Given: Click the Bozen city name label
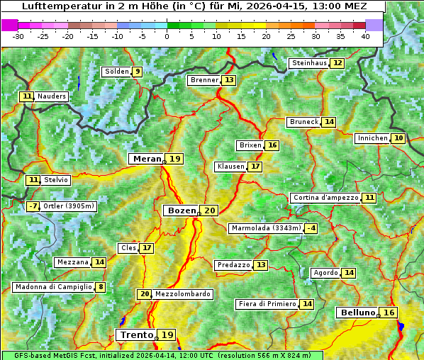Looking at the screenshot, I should tap(181, 210).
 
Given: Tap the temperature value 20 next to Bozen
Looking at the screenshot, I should tap(209, 210).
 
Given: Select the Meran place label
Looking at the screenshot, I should tap(146, 159).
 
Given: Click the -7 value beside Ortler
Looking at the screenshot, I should tap(33, 206).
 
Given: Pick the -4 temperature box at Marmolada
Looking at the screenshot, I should tap(311, 228).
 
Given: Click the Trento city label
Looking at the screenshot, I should tap(136, 334).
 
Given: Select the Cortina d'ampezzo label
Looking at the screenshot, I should tap(325, 198).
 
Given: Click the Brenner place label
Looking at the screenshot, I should tap(204, 80).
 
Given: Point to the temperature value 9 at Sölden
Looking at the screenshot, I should tap(137, 72).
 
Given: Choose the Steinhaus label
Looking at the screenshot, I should tap(309, 63).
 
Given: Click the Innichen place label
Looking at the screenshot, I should tap(372, 138).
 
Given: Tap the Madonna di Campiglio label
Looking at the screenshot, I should tap(53, 287).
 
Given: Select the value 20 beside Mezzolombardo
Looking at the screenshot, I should tap(145, 294).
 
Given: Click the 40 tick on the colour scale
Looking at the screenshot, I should tap(365, 35).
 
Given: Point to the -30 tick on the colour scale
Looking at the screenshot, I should tap(18, 35).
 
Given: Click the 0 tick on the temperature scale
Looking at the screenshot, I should tap(167, 35).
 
